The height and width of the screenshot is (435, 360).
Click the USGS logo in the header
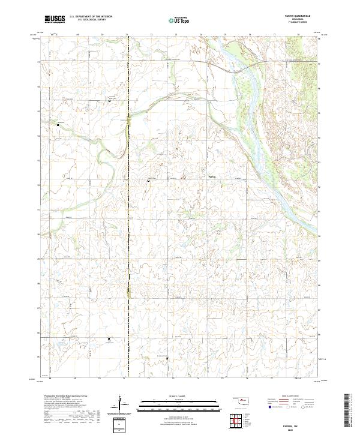coord(54,20)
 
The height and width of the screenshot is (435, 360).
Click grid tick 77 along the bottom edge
coord(274,380)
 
